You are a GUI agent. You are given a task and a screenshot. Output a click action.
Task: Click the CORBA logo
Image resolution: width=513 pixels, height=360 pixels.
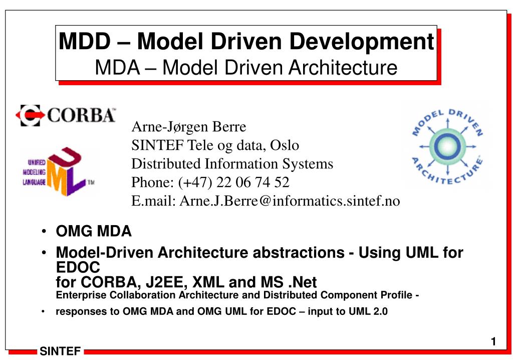coord(66,115)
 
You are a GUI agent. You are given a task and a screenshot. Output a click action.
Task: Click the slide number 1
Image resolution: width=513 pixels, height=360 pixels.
coord(493,342)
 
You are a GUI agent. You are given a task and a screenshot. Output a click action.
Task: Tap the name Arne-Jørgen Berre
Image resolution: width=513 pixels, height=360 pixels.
coord(189,126)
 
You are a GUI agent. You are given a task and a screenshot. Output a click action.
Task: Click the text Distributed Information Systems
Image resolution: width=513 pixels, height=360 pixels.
coord(232,163)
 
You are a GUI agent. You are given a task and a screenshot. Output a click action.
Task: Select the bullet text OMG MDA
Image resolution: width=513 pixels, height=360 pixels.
coord(94,232)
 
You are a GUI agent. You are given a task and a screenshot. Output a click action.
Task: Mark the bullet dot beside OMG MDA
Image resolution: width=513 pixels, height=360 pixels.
coord(44,232)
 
